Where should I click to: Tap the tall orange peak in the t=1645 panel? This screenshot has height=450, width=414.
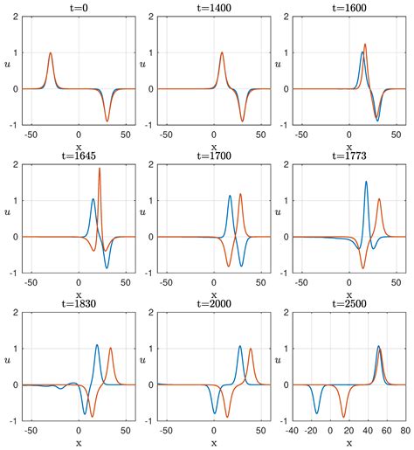100,168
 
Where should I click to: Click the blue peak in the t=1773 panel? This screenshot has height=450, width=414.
366,182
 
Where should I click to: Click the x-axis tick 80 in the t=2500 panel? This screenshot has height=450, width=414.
404,430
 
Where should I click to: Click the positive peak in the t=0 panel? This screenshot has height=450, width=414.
51,53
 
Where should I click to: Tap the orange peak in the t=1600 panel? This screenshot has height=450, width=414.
365,45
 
